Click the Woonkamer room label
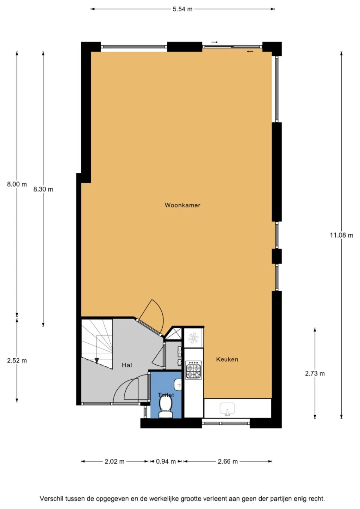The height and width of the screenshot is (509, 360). (183, 205)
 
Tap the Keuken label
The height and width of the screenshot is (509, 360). (227, 359)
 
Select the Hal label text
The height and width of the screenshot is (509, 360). (127, 365)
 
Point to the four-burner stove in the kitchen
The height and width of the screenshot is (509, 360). (193, 370)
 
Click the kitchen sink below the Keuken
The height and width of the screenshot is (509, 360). (227, 409)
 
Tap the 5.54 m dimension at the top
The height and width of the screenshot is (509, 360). (183, 9)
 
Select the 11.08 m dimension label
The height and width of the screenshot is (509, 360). (341, 235)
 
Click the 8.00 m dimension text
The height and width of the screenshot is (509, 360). (17, 184)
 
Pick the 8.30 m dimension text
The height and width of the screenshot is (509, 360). (43, 189)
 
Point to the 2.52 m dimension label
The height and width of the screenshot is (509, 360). (17, 361)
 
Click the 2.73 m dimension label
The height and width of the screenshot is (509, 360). (315, 374)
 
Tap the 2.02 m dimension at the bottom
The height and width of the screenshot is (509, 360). (114, 461)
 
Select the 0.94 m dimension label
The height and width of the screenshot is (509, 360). (166, 461)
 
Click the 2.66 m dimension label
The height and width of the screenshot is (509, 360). (228, 461)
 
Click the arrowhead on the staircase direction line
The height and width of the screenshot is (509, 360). (97, 361)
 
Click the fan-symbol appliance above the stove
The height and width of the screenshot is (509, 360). (193, 338)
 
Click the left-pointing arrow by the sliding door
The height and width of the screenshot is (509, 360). (250, 52)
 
